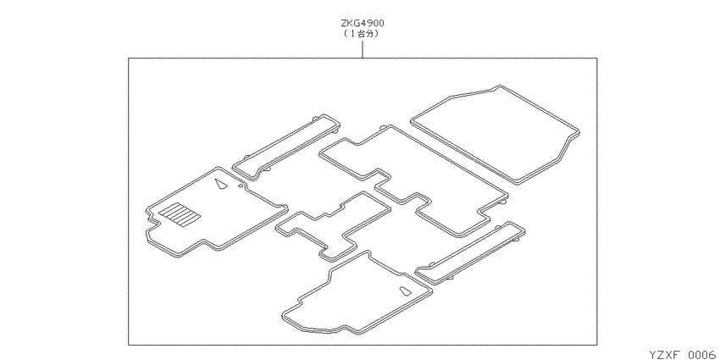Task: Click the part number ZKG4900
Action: [363, 23]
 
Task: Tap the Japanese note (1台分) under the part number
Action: [363, 34]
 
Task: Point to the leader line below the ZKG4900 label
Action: [363, 49]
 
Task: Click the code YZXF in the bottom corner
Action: [663, 354]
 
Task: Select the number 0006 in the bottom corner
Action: [703, 354]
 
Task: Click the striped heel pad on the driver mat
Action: [180, 214]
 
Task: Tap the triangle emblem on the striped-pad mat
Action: [221, 184]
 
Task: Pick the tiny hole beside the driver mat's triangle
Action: [241, 186]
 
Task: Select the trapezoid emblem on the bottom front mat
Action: [406, 291]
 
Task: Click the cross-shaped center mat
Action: [333, 226]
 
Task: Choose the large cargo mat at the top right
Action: [495, 134]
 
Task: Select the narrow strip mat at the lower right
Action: [471, 253]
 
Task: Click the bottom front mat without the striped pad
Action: [357, 293]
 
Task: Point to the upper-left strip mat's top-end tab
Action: [314, 119]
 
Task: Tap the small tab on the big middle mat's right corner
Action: [503, 201]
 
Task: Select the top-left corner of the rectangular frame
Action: [129, 58]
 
